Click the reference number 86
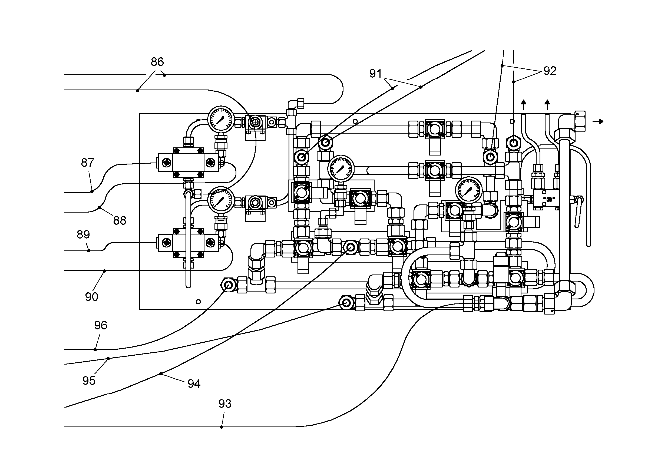(157, 62)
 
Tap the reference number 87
(87, 163)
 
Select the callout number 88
(120, 221)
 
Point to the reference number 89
(83, 234)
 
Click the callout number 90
(91, 297)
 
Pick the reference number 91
(376, 74)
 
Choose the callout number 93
(225, 404)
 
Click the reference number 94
(194, 383)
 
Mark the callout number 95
(89, 381)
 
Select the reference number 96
(101, 325)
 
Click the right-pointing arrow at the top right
(598, 121)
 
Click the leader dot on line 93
(222, 427)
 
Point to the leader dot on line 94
(161, 374)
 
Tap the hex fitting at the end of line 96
(229, 284)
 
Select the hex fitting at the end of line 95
(346, 302)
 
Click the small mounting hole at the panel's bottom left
(198, 302)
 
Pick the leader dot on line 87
(92, 191)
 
